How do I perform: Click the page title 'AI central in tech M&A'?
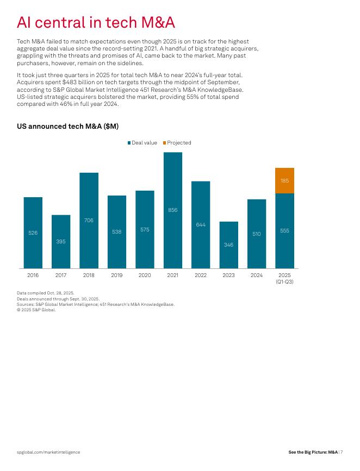pyautogui.click(x=96, y=23)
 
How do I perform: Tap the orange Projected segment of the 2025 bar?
pyautogui.click(x=284, y=180)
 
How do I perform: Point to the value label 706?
pyautogui.click(x=89, y=220)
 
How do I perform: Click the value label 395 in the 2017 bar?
pyautogui.click(x=61, y=241)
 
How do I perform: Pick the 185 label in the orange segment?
pyautogui.click(x=284, y=180)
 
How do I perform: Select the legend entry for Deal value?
pyautogui.click(x=142, y=143)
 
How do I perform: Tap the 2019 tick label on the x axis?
pyautogui.click(x=117, y=275)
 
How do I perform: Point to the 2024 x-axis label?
pyautogui.click(x=257, y=275)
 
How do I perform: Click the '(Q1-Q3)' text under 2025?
pyautogui.click(x=284, y=281)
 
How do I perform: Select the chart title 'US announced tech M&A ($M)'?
pyautogui.click(x=67, y=126)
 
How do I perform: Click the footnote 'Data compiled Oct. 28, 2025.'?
pyautogui.click(x=46, y=293)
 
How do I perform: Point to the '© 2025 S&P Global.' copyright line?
pyautogui.click(x=36, y=310)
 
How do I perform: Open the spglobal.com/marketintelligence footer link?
pyautogui.click(x=48, y=452)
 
